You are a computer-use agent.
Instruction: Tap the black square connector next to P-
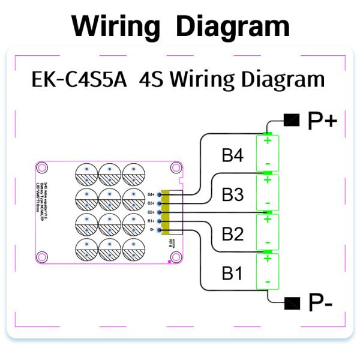pos(292,302)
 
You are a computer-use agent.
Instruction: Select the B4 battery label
pos(232,156)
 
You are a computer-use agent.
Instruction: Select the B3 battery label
pos(232,194)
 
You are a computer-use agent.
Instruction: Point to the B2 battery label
pos(232,233)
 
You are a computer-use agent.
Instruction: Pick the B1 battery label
pos(232,273)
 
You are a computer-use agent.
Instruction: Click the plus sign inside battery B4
pos(268,142)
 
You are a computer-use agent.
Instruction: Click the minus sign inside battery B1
pos(268,281)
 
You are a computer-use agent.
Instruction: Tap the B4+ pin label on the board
pos(151,194)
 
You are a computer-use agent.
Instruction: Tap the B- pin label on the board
pos(151,230)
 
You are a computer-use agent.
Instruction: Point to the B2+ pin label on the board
pos(151,212)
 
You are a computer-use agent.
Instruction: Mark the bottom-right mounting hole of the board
pos(175,257)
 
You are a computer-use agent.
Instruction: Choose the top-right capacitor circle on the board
pos(133,175)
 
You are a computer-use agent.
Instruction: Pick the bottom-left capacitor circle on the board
pos(86,249)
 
